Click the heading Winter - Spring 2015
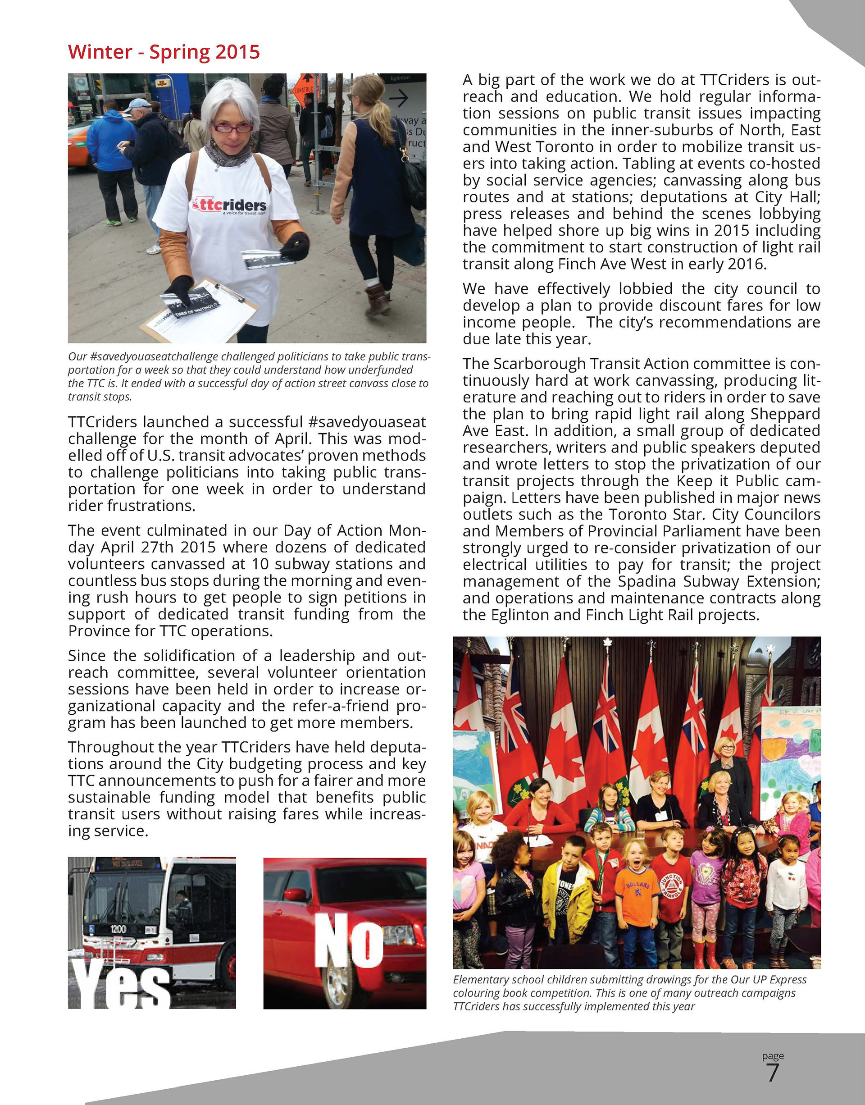click(x=164, y=52)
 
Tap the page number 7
click(x=772, y=1073)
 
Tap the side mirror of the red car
click(x=295, y=895)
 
